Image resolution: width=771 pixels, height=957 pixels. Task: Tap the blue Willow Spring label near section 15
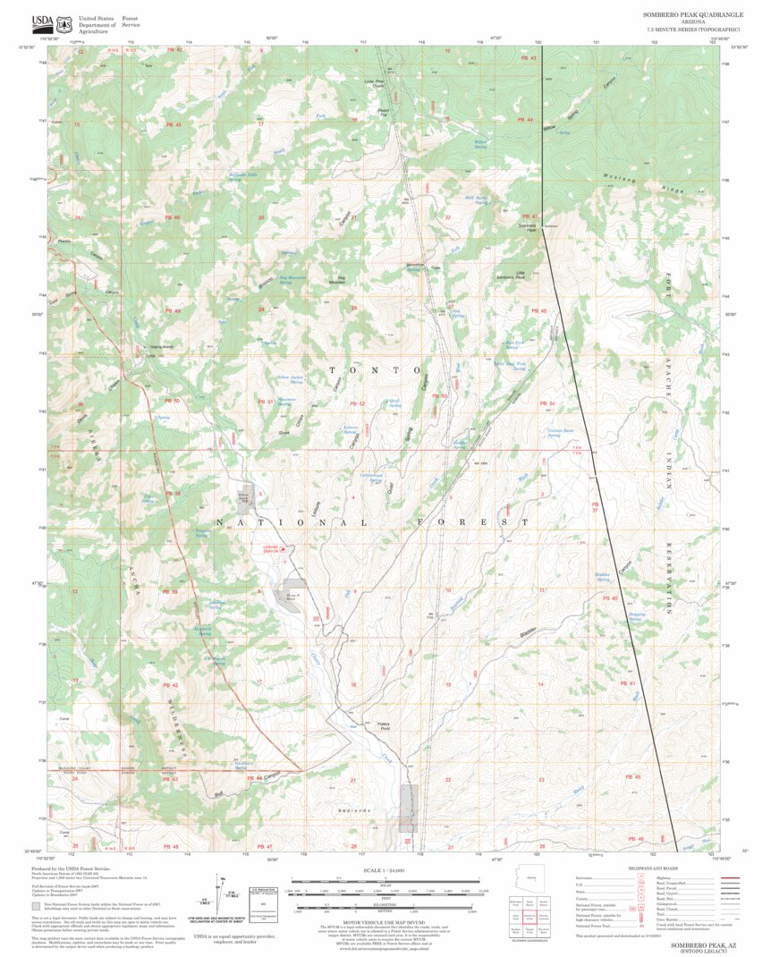point(481,143)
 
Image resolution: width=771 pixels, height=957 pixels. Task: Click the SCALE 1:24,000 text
point(385,870)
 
